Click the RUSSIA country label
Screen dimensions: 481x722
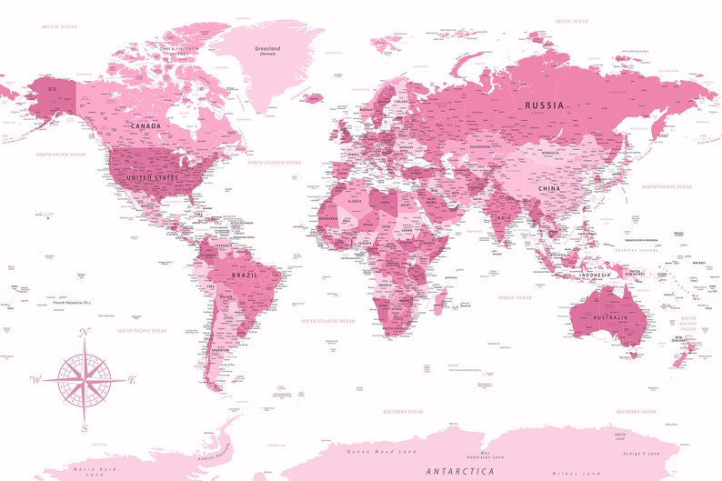544,105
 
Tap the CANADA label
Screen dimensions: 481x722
146,126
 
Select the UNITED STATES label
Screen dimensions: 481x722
152,177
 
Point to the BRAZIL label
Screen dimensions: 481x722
246,275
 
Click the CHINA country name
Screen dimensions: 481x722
549,189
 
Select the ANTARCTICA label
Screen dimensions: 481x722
460,471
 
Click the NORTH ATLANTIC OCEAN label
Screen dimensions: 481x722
276,163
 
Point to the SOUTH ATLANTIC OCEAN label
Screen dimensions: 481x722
328,321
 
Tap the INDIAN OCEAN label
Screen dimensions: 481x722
514,297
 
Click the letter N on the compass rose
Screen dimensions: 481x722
85,333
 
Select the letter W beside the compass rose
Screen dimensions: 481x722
35,379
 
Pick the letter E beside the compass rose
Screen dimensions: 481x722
132,379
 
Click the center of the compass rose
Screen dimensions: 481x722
84,379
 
